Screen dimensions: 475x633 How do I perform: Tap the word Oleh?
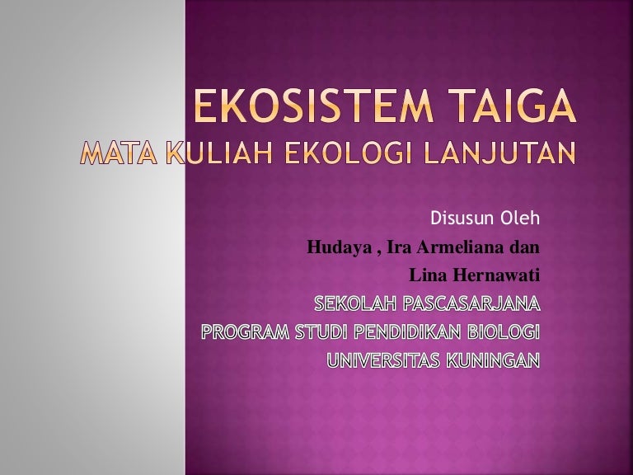click(x=519, y=218)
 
